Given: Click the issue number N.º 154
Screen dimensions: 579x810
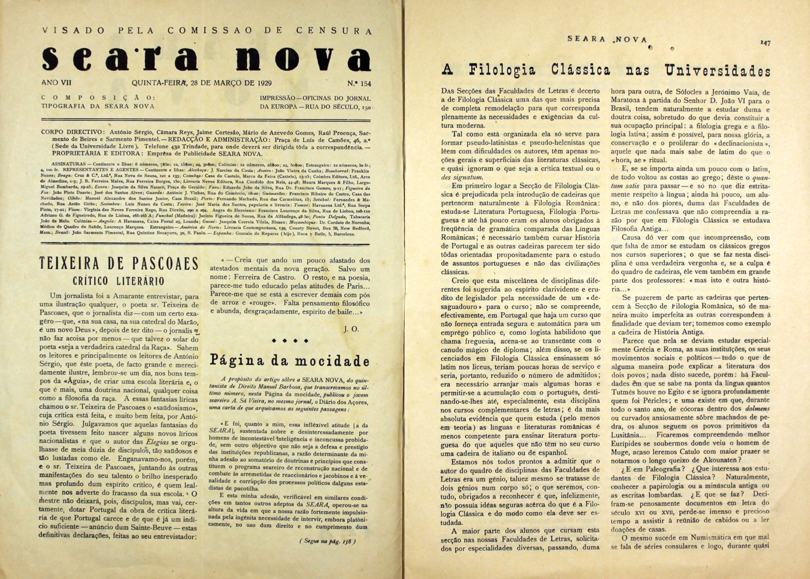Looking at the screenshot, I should pos(359,84).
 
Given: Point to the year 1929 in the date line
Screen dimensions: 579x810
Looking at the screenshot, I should pos(264,84).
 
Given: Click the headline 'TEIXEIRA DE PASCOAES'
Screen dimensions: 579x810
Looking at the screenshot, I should pos(119,265).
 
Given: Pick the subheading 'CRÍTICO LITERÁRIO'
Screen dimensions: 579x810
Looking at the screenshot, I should pos(119,282).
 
